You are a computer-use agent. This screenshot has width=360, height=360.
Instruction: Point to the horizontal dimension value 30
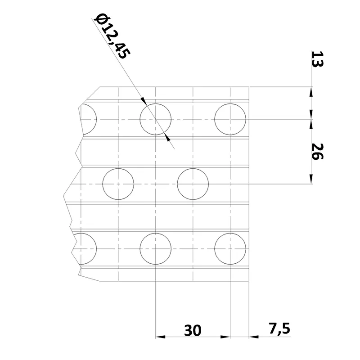(193, 331)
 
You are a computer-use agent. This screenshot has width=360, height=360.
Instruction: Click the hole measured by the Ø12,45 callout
(156, 119)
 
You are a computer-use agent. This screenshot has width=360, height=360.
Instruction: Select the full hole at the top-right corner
(230, 119)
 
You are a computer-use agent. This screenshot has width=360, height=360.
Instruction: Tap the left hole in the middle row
(118, 184)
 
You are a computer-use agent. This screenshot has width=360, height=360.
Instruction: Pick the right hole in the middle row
(193, 184)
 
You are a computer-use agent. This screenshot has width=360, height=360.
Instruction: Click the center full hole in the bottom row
(156, 248)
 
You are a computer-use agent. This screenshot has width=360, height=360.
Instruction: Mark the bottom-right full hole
(230, 248)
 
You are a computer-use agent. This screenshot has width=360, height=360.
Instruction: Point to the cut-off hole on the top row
(88, 119)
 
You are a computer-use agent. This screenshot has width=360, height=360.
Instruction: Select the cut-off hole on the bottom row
(88, 248)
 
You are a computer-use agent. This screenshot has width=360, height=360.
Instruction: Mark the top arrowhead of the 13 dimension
(310, 91)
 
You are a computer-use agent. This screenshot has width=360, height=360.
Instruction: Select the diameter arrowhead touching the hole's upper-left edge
(144, 102)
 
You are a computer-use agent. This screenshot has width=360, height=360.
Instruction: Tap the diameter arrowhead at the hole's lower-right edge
(167, 137)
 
